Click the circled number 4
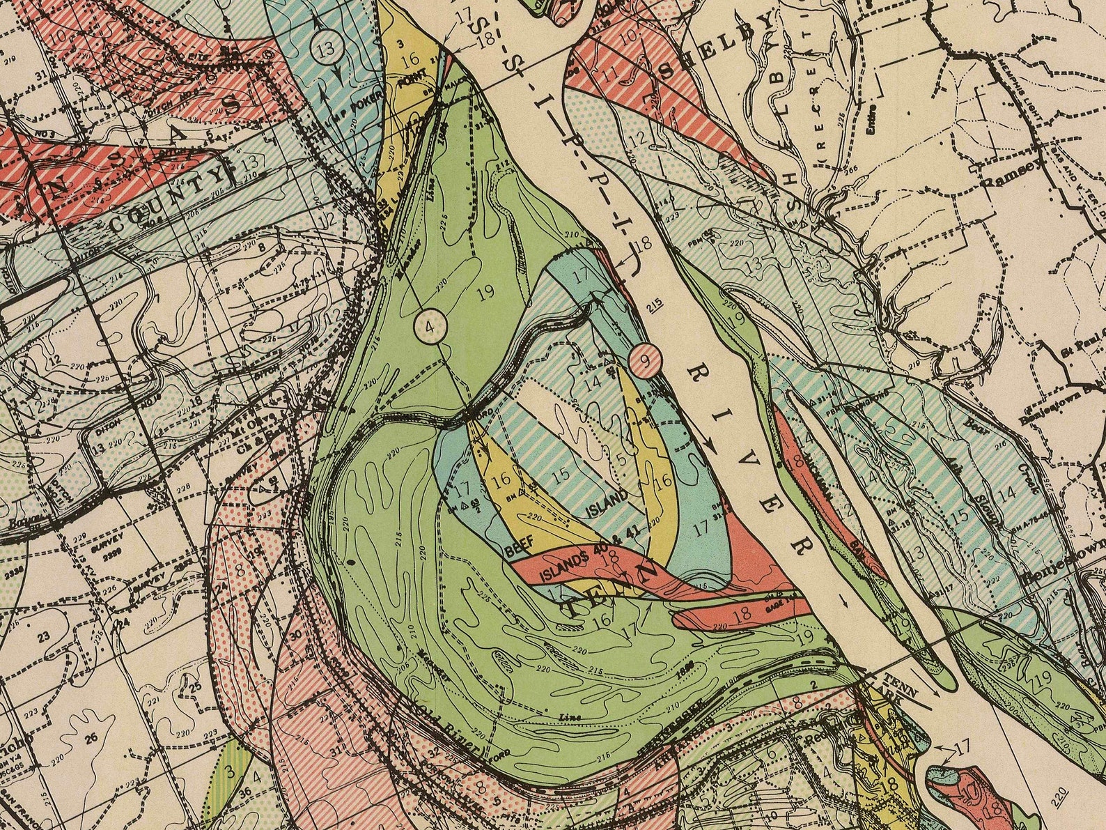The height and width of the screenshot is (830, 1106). [x=430, y=325]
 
